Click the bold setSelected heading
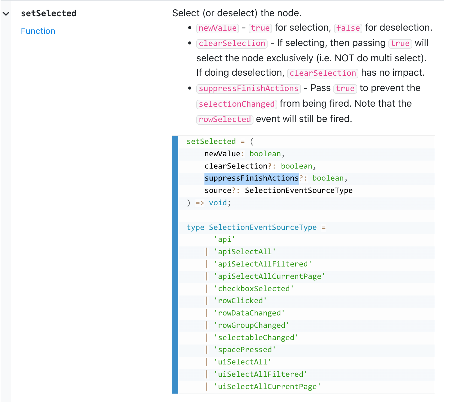click(x=48, y=13)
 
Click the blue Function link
click(x=38, y=31)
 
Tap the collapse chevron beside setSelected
click(x=6, y=14)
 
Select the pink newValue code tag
click(x=217, y=28)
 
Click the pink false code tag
click(x=348, y=28)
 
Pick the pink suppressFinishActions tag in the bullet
click(x=248, y=88)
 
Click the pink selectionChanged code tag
click(x=237, y=104)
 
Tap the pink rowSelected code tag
click(x=225, y=119)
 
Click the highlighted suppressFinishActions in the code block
click(x=251, y=178)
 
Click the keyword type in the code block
click(x=195, y=227)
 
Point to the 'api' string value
click(x=225, y=239)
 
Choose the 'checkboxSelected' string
click(x=254, y=289)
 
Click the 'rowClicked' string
click(x=240, y=301)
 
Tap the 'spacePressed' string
click(x=245, y=350)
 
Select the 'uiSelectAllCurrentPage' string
click(x=267, y=387)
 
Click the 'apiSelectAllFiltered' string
click(x=263, y=264)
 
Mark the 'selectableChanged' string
click(x=256, y=338)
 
